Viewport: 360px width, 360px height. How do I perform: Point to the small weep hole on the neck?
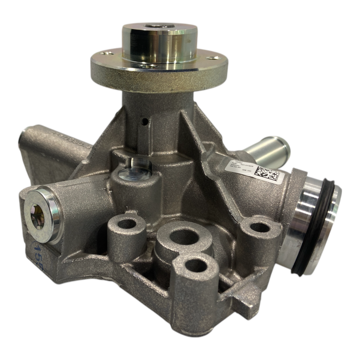coord(145,121)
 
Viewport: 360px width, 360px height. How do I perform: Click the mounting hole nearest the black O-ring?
coord(257,227)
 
